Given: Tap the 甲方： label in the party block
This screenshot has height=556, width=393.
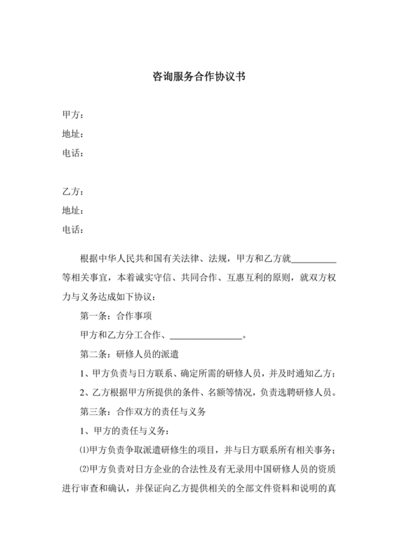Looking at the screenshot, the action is (x=72, y=114).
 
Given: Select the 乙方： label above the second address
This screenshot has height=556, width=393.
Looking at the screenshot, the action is (x=72, y=191).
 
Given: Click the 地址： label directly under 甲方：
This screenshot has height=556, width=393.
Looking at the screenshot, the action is (x=72, y=133).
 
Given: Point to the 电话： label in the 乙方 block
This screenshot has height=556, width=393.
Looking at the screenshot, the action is (x=72, y=229).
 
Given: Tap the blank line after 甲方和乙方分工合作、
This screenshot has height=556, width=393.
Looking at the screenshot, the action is (x=206, y=336).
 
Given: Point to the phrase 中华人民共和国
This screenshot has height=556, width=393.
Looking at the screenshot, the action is (x=131, y=260).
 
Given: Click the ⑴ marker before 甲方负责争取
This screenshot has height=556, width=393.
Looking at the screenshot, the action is (x=86, y=450).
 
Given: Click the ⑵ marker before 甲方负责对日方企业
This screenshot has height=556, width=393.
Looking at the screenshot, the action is (x=86, y=469).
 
